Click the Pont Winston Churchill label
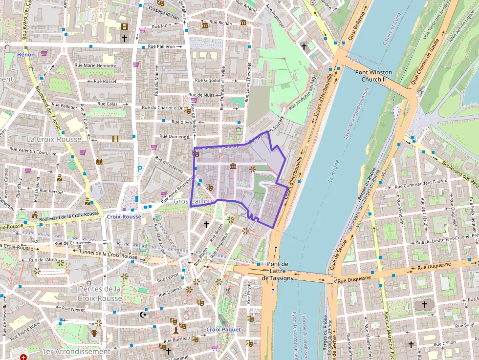[373, 76]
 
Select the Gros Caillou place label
[194, 201]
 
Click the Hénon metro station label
[26, 55]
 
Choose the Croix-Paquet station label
[223, 330]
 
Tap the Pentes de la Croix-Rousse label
[99, 293]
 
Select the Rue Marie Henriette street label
[95, 65]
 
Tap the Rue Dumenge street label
[172, 137]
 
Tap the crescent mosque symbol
[143, 315]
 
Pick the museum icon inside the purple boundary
[233, 167]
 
